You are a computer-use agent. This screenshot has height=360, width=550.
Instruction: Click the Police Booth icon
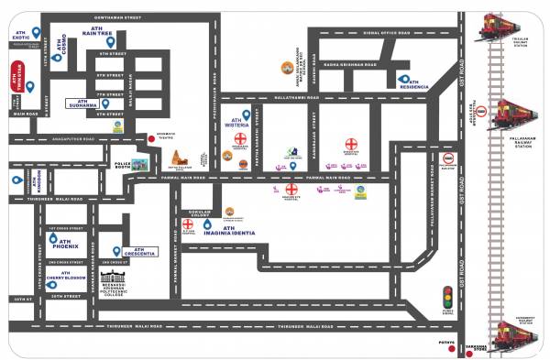click(x=138, y=165)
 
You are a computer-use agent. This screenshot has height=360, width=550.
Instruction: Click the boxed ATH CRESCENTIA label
click(x=137, y=251)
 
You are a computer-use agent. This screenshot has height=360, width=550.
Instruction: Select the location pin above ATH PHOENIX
click(x=52, y=237)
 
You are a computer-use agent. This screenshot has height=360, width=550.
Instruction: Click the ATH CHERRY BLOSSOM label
click(x=67, y=278)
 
